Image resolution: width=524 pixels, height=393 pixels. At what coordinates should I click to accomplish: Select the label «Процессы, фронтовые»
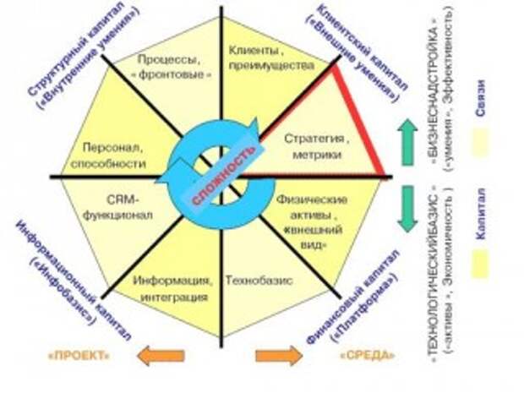point(169,65)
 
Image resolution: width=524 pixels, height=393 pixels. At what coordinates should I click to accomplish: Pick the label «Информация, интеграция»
point(170,287)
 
